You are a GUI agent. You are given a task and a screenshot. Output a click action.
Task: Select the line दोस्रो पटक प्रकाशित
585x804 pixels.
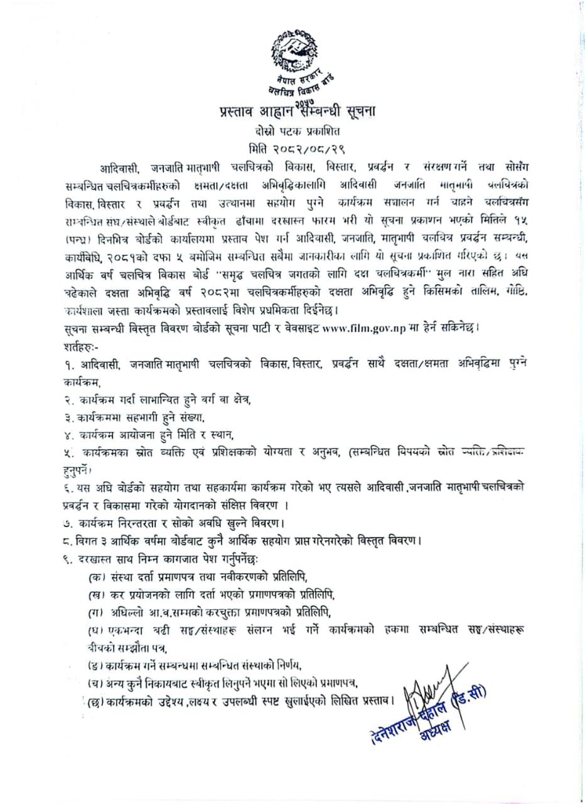[292, 133]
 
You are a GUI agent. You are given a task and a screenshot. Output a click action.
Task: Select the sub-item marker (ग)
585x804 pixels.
[97, 612]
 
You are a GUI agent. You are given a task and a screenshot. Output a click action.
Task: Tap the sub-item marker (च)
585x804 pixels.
[97, 683]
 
